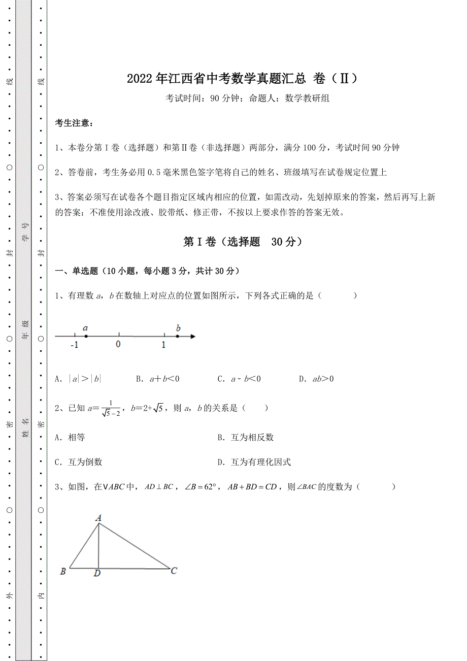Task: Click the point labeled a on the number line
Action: tap(86, 336)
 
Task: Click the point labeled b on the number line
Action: tap(178, 336)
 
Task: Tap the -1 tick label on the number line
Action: tap(74, 345)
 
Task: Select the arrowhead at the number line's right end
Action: tap(192, 336)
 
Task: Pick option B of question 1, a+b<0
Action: tap(158, 379)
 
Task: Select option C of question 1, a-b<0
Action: tap(239, 379)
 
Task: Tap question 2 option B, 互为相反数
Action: tap(246, 437)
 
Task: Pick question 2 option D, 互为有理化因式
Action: tap(254, 462)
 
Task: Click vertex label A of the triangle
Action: tap(98, 518)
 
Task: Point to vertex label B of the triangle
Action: tap(63, 572)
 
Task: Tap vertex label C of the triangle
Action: tap(174, 571)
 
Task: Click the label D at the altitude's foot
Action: tap(97, 574)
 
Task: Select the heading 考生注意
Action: tap(74, 123)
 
